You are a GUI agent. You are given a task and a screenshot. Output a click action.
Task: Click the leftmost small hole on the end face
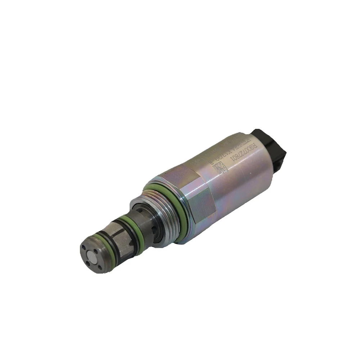(x=84, y=252)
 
